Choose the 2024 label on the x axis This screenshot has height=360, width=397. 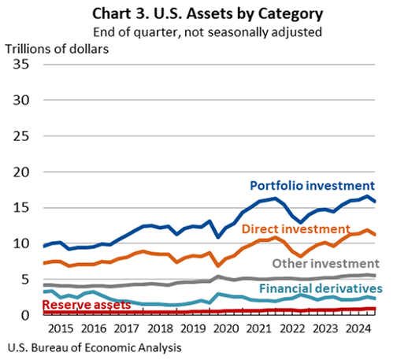363,328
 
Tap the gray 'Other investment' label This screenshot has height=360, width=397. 326,262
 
